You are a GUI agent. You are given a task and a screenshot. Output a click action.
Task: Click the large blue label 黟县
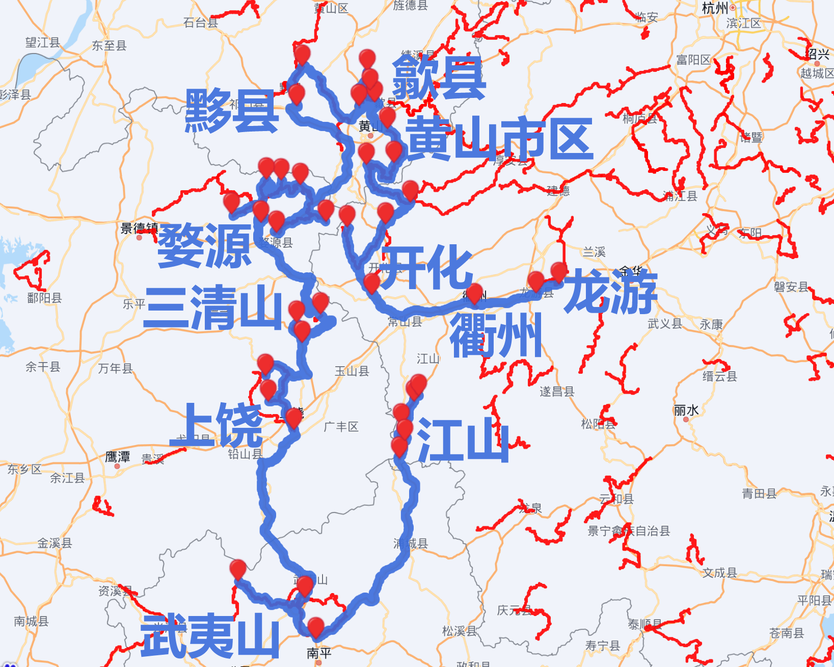point(232,111)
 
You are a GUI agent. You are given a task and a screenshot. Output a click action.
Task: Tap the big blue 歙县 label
point(439,78)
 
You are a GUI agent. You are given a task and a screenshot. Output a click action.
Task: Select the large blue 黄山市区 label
point(500,139)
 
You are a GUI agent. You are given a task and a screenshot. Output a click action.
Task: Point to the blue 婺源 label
point(205,246)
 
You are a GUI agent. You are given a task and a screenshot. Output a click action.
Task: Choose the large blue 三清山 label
point(213,307)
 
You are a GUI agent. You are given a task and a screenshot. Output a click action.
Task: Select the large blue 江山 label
point(463,440)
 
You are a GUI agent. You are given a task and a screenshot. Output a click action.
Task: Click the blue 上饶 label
point(217,425)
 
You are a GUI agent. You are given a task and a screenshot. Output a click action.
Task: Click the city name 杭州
point(715,8)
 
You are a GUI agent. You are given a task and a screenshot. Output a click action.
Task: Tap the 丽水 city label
point(686,410)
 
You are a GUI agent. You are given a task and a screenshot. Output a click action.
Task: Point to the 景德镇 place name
point(139,228)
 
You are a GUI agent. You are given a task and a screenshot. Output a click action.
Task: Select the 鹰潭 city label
point(117,457)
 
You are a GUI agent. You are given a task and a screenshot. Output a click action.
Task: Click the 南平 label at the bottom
point(319,653)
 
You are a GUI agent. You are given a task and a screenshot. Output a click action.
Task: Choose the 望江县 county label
point(43,42)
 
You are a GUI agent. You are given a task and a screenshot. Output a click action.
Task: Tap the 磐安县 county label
point(791,287)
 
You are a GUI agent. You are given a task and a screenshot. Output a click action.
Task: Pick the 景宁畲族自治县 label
point(629,531)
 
